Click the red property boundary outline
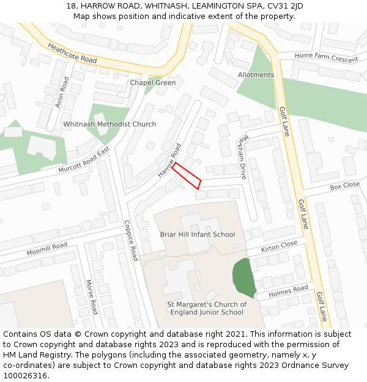click(x=187, y=175)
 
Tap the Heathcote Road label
click(x=72, y=53)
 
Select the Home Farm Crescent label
click(x=326, y=57)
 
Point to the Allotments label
click(x=256, y=75)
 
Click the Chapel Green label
click(x=152, y=83)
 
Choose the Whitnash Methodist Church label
click(x=109, y=124)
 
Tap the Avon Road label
click(x=62, y=92)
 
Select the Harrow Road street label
click(x=169, y=161)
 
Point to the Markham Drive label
click(x=243, y=158)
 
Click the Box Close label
click(x=344, y=185)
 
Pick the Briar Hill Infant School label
click(x=197, y=234)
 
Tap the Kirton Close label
click(x=279, y=246)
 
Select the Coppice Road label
click(x=131, y=240)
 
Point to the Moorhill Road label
click(x=46, y=249)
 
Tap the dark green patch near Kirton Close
click(x=244, y=279)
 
